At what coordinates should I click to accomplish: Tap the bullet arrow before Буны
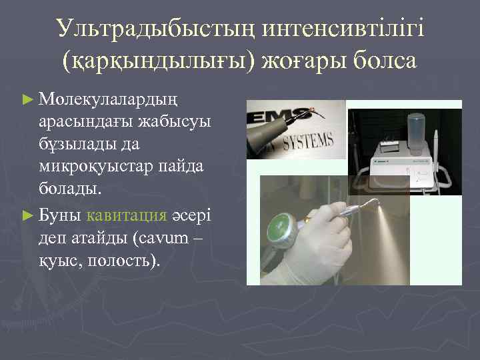click(27, 215)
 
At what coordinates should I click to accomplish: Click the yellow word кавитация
click(125, 215)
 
